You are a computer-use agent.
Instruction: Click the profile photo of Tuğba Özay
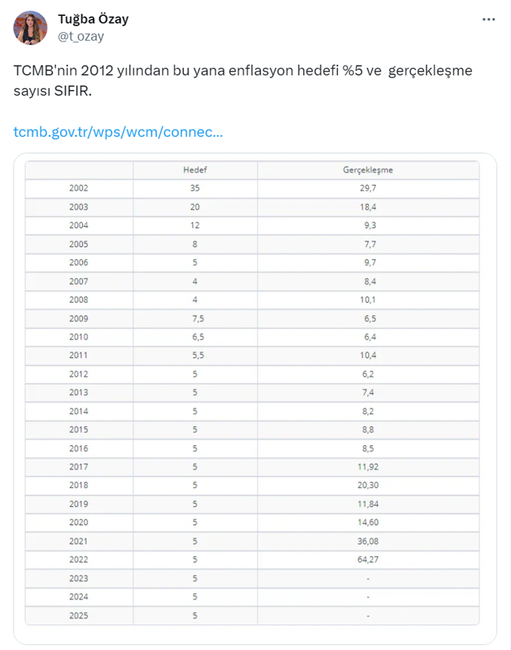tap(30, 28)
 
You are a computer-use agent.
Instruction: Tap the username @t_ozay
tap(81, 37)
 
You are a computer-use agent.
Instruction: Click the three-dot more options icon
tap(489, 20)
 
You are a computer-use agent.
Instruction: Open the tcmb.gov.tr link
tap(118, 130)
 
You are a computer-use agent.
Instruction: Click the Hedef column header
tap(195, 170)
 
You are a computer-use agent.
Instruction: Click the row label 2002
tap(79, 189)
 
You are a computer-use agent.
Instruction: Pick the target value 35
tap(195, 189)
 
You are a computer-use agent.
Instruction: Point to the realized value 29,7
tap(367, 189)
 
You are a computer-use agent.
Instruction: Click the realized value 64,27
tap(367, 560)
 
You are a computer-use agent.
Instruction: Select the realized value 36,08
tap(367, 541)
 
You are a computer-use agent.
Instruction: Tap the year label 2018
tap(79, 485)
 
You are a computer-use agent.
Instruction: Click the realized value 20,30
tap(367, 485)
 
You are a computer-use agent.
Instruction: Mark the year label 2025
tap(79, 616)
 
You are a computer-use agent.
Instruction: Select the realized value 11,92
tap(367, 467)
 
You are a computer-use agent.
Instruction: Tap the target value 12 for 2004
tap(195, 225)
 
